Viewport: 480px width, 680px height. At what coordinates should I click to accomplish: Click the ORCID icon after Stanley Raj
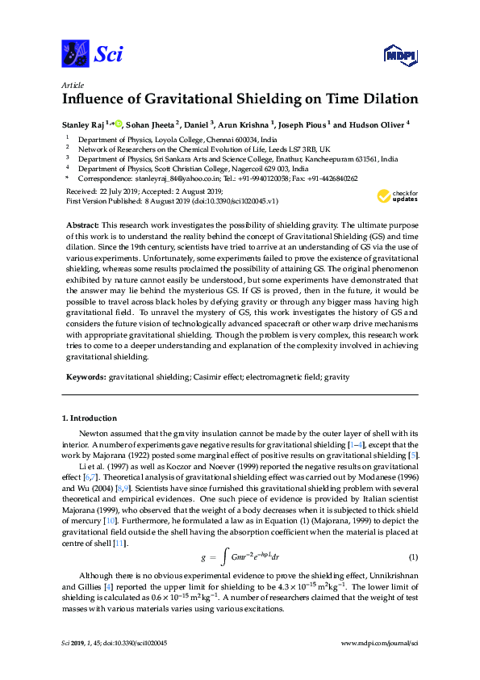click(x=119, y=124)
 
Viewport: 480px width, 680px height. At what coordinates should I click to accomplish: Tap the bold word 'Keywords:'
click(x=86, y=376)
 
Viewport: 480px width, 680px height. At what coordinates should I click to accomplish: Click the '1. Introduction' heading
click(x=90, y=418)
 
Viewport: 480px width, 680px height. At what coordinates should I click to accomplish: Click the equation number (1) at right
click(x=413, y=535)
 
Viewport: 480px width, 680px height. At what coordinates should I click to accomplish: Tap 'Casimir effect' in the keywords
click(x=211, y=376)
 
